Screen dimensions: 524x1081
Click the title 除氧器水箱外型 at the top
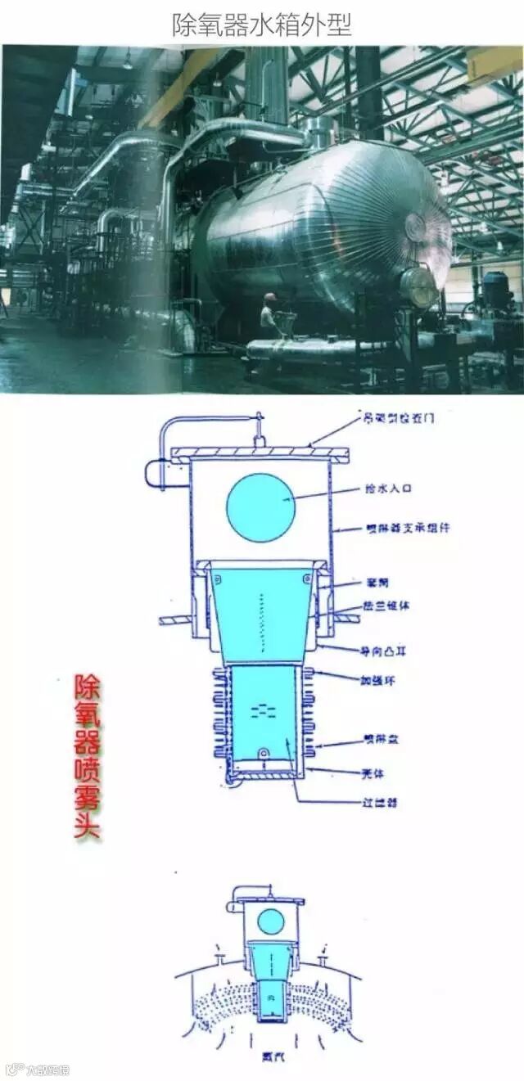(261, 25)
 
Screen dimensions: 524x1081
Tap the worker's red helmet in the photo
(270, 298)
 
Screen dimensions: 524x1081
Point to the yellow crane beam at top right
(495, 62)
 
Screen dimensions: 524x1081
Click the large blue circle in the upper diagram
(260, 507)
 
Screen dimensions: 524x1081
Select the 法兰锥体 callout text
(385, 607)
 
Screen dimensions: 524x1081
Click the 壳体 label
(373, 772)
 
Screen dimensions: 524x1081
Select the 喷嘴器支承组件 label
(407, 528)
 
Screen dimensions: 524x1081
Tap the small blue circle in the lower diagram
(270, 922)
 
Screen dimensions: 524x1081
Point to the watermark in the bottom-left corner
(37, 1069)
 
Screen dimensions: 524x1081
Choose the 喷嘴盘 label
(381, 741)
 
